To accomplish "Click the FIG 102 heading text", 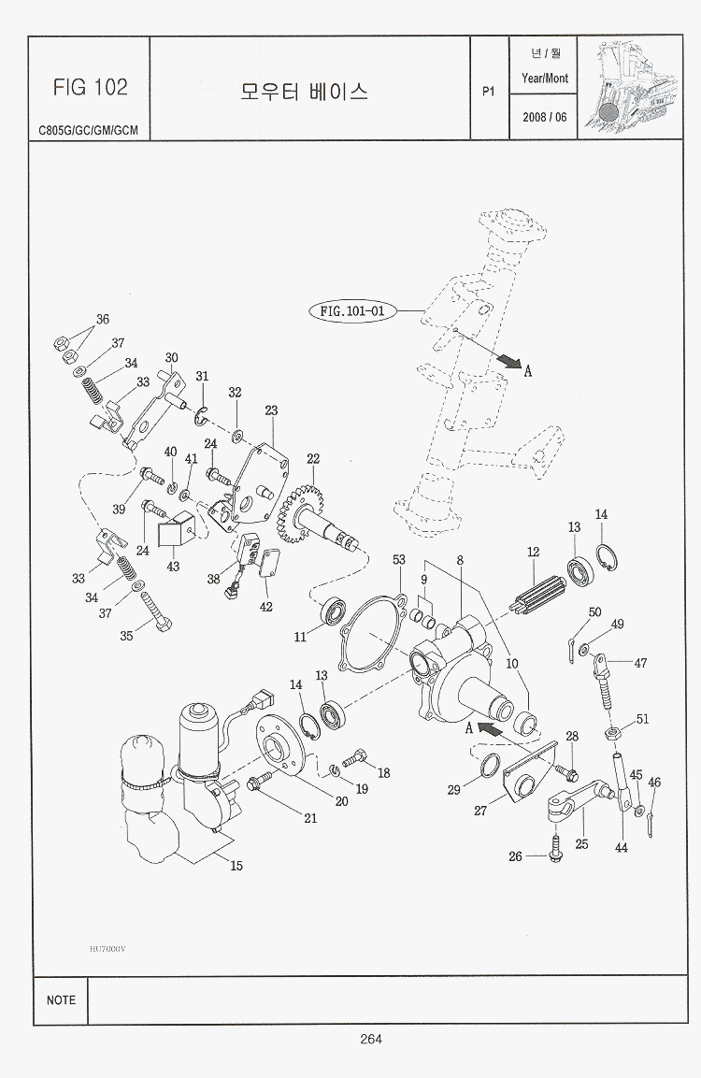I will click(90, 88).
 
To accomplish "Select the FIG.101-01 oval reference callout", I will click(352, 311).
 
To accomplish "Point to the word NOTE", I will click(61, 999).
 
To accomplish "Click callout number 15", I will click(236, 866).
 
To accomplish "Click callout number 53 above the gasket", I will click(399, 559).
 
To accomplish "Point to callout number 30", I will click(171, 358).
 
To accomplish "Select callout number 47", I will click(640, 663).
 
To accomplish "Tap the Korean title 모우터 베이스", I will click(304, 91).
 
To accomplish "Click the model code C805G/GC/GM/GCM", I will click(89, 130).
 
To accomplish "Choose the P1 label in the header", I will click(487, 92).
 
